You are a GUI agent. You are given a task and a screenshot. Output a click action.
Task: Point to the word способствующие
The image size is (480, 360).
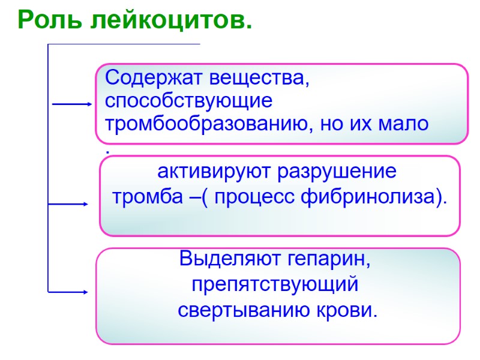[188, 100]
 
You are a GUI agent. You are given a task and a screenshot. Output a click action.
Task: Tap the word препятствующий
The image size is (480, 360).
[275, 285]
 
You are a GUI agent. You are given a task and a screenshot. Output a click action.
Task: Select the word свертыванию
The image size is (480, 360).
[241, 310]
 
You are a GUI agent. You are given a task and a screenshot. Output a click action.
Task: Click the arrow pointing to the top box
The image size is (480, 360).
[72, 104]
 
